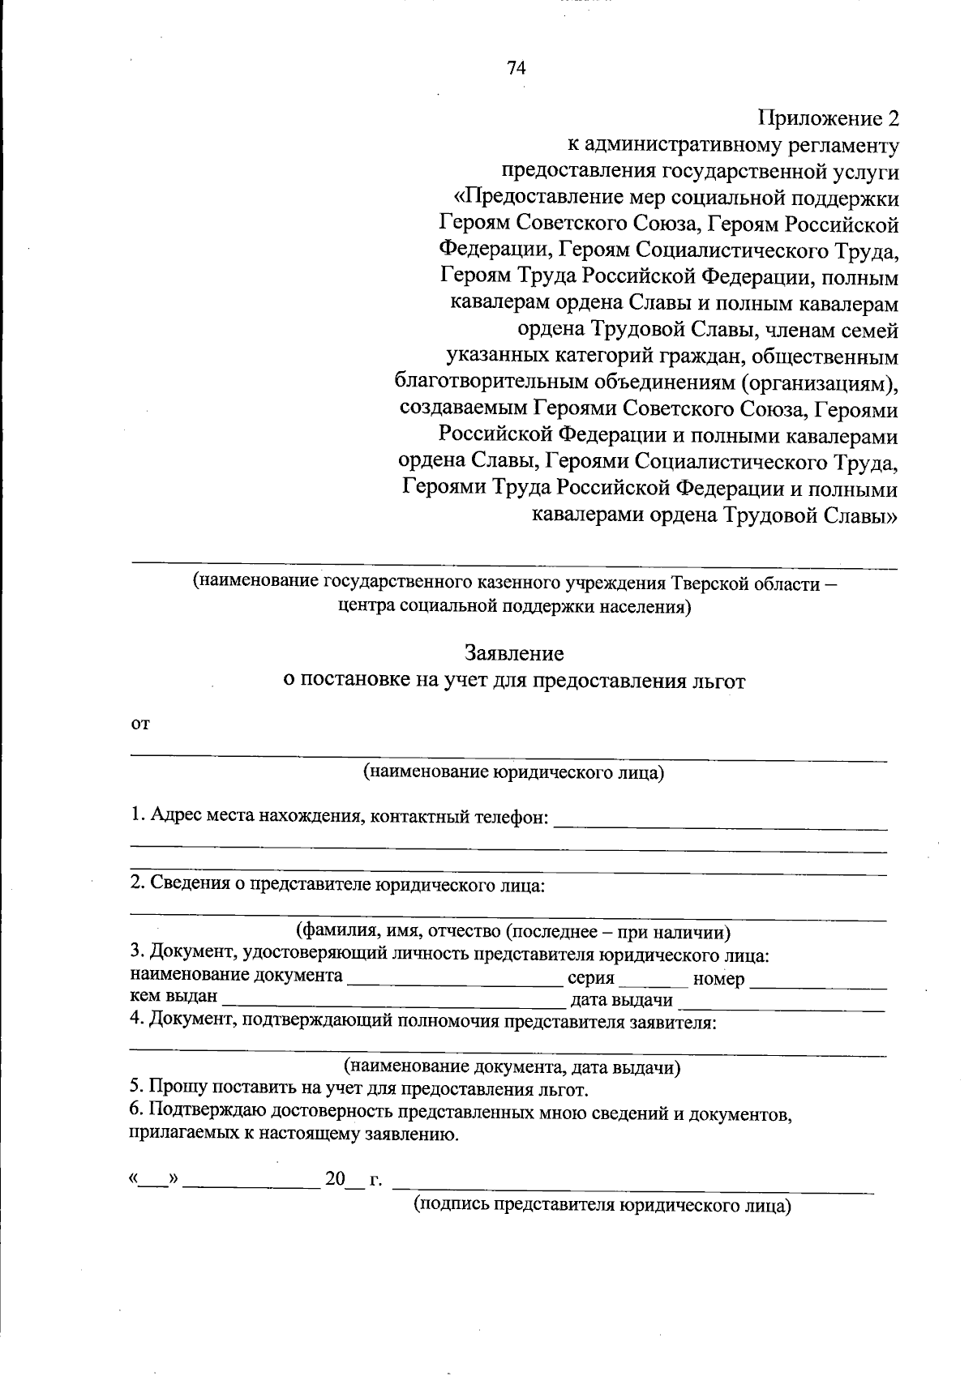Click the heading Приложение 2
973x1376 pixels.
[x=828, y=118]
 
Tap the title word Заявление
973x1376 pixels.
[x=514, y=653]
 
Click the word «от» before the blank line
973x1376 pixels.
[x=140, y=724]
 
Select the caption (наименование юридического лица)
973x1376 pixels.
[x=513, y=772]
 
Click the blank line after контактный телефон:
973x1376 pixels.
[x=720, y=825]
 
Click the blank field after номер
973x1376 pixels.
[x=818, y=984]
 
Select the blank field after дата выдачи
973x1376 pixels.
[x=781, y=1006]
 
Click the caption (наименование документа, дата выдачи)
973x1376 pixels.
[x=512, y=1067]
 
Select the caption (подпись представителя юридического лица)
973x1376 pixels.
[x=602, y=1205]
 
